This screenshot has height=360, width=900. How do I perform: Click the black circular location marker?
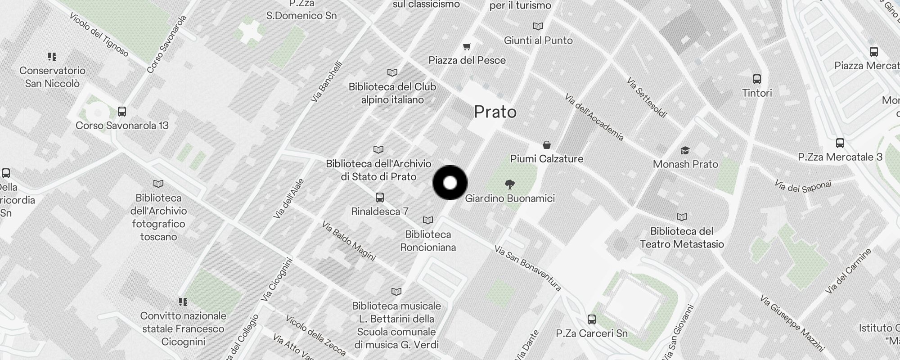450,183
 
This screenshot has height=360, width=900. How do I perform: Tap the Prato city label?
495,112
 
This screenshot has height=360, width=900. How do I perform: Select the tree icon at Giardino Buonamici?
510,184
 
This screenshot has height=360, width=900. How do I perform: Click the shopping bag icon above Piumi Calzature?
546,145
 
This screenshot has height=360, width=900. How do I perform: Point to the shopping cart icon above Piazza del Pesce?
467,46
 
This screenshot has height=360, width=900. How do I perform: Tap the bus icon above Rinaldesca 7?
380,197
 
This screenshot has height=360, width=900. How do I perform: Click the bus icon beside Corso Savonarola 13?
121,112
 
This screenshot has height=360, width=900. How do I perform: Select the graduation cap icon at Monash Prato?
685,150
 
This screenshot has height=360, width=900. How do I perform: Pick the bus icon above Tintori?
757,79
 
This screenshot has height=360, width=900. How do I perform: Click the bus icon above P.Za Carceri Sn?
592,319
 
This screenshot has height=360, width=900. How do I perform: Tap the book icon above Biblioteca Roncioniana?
428,220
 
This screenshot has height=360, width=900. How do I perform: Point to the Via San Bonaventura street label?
527,268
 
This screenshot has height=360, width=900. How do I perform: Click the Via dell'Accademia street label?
594,117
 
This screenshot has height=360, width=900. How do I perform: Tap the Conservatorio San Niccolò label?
52,77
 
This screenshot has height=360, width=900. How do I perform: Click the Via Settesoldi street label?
647,98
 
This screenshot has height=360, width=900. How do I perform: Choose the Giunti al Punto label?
538,40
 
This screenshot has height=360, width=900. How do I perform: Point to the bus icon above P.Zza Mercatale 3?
840,143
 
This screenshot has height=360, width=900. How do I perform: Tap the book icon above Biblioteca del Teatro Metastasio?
682,217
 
